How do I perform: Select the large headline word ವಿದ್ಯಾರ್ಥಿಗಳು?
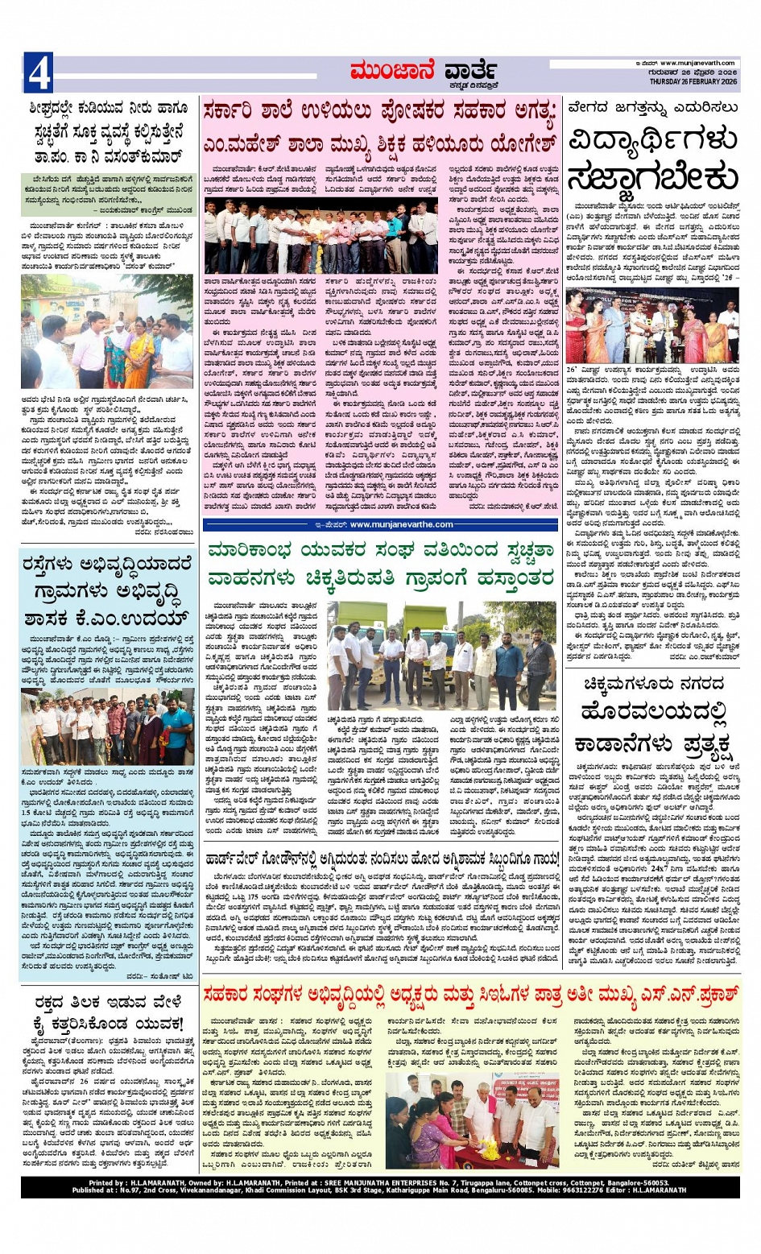(652, 142)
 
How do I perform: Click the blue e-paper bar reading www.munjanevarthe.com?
(378, 524)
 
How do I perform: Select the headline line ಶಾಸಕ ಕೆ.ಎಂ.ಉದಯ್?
(105, 618)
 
